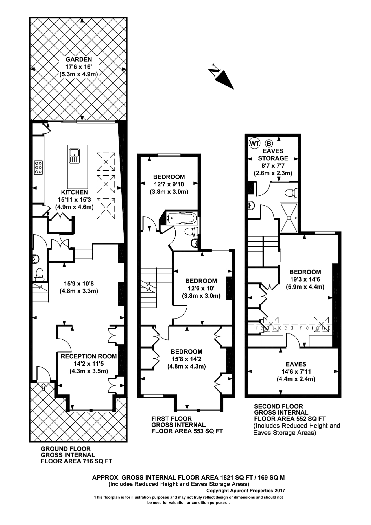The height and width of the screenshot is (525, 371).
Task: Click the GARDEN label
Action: click(x=79, y=59)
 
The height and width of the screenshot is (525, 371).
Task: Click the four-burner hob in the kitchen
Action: click(x=38, y=167)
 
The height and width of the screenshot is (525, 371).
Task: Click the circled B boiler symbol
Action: click(x=269, y=143)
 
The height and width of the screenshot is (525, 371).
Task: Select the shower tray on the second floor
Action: click(x=289, y=218)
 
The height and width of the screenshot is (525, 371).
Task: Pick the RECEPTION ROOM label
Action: click(x=89, y=356)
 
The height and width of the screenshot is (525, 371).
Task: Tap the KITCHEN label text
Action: click(x=75, y=192)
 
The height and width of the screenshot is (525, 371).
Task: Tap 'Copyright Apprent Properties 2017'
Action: click(x=245, y=491)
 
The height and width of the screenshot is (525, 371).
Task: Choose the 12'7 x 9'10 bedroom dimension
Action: click(x=169, y=184)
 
